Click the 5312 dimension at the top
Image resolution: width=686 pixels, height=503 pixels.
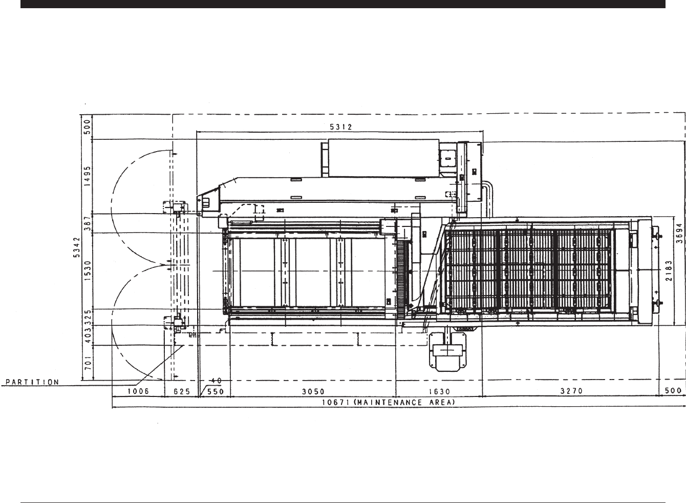341,127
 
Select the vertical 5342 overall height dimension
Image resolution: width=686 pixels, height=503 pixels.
77,247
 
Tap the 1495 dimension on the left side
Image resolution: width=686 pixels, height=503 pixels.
88,176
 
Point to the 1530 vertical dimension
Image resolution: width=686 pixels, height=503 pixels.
88,270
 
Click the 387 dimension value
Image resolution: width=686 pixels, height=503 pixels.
88,223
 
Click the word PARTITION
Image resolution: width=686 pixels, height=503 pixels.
32,382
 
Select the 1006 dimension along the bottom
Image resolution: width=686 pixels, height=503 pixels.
138,391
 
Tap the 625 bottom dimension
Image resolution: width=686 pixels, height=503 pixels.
182,391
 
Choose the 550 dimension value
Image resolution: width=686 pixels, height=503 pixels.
216,391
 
